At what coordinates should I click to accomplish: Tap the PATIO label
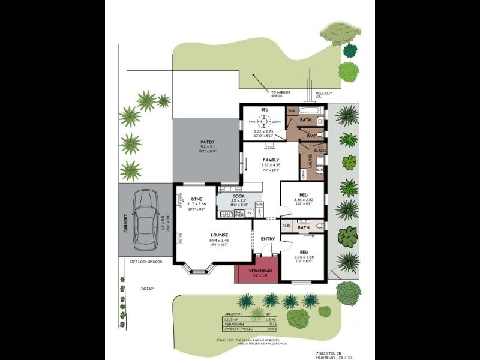[207, 142]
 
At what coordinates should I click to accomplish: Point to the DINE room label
[196, 198]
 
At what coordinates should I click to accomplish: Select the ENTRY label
[268, 239]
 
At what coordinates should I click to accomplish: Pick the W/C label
[311, 136]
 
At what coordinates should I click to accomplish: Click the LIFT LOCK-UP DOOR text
[146, 262]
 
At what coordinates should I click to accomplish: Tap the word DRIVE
[148, 289]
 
